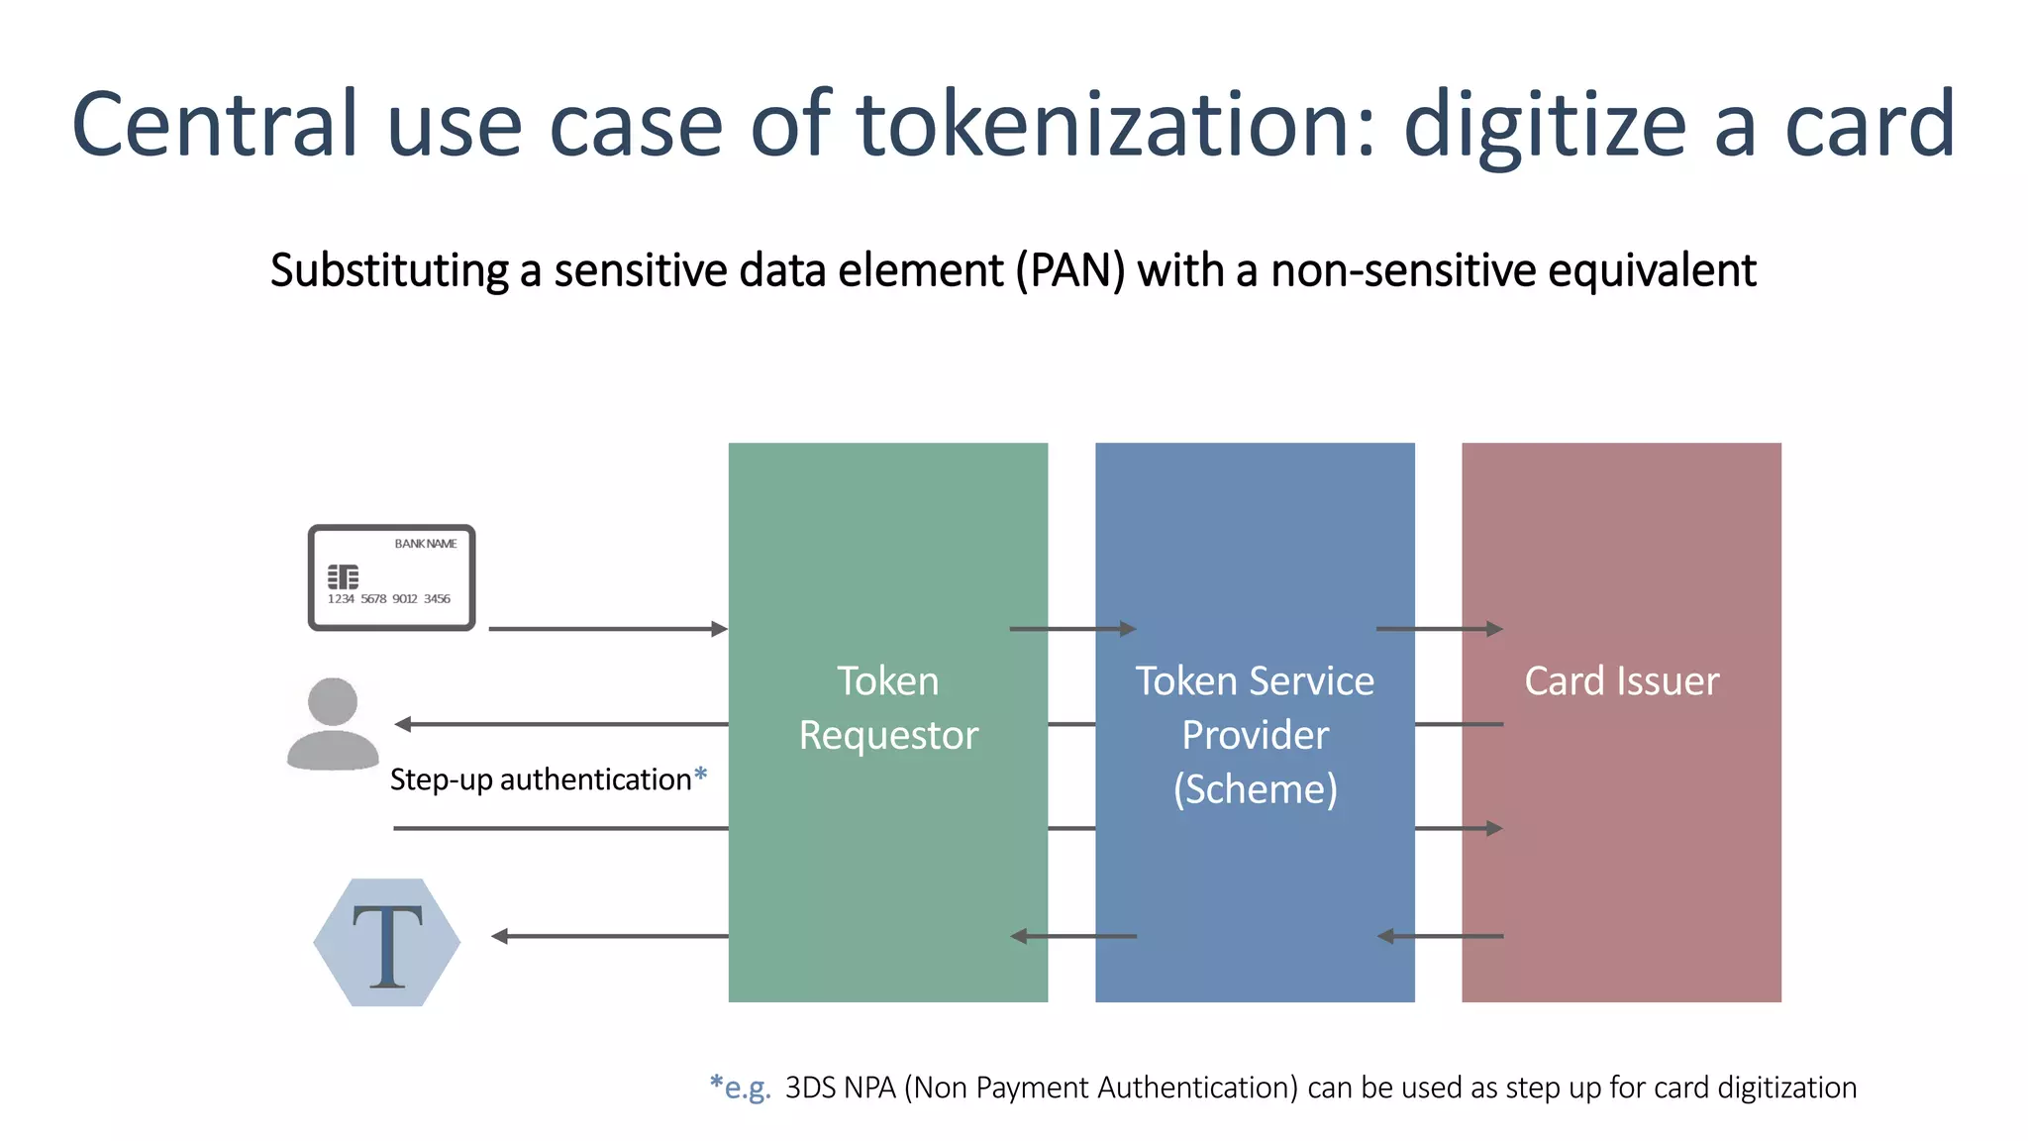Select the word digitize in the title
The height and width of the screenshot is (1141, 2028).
[1545, 126]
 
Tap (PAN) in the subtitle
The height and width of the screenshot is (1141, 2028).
[1070, 270]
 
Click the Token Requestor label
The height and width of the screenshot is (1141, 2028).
[888, 707]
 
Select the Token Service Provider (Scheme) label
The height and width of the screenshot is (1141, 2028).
[1255, 734]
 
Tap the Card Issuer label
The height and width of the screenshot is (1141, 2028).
[1621, 680]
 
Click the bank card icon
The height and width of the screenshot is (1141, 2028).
[392, 577]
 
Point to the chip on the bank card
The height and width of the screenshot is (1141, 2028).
[343, 575]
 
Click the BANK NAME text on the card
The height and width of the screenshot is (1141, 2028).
[426, 544]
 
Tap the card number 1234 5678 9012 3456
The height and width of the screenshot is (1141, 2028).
[389, 599]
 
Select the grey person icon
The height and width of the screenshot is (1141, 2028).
[333, 724]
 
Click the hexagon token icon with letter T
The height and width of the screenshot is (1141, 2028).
[387, 942]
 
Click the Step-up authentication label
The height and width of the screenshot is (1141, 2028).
[541, 779]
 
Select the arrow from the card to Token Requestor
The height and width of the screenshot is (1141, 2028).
[608, 629]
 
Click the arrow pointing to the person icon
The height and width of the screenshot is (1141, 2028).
[560, 724]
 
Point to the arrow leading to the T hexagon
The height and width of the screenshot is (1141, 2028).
[609, 936]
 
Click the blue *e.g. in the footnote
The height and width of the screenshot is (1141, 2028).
[740, 1087]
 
